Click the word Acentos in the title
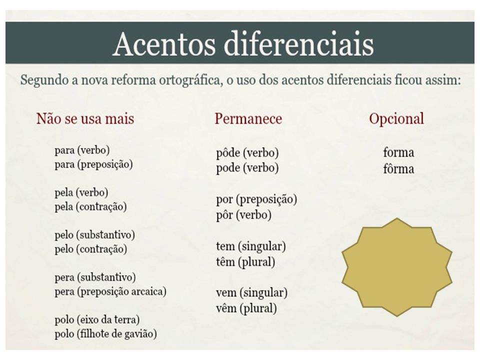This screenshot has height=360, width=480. tap(164, 44)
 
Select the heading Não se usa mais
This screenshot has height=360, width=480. tap(85, 118)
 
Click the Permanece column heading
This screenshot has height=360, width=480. tap(248, 118)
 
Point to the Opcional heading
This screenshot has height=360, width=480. tap(396, 119)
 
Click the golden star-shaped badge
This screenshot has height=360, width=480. tap(396, 267)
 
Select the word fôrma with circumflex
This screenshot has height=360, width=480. tap(398, 168)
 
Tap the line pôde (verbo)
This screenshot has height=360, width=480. tap(247, 153)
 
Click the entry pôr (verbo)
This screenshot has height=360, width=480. tap(243, 215)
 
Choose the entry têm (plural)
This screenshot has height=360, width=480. tap(245, 262)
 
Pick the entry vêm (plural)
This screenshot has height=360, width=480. tap(246, 308)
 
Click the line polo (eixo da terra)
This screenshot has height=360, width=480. tap(97, 320)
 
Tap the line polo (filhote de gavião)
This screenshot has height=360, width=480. tap(105, 333)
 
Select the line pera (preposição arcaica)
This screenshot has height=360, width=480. tap(110, 291)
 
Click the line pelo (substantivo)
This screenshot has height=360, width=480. tap(95, 235)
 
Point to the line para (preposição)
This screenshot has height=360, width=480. tap(93, 164)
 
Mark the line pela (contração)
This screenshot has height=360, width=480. tap(90, 206)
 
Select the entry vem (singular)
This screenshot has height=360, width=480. tap(251, 292)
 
